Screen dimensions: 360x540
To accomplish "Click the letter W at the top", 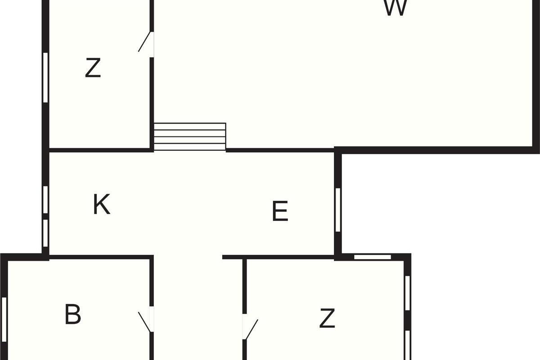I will pyautogui.click(x=396, y=8).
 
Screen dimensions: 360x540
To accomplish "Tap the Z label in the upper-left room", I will pyautogui.click(x=93, y=68).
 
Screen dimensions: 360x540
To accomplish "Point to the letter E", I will pyautogui.click(x=280, y=211).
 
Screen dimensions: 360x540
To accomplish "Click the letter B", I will pyautogui.click(x=73, y=314).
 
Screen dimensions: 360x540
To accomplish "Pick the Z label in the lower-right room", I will pyautogui.click(x=327, y=318).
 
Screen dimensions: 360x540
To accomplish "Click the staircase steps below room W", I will pyautogui.click(x=189, y=136).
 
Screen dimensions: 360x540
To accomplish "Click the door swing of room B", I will pyautogui.click(x=145, y=321).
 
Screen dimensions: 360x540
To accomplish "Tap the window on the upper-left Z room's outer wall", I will pyautogui.click(x=45, y=77).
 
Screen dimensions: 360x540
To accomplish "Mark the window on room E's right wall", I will pyautogui.click(x=338, y=210).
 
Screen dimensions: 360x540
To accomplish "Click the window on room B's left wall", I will pyautogui.click(x=4, y=319).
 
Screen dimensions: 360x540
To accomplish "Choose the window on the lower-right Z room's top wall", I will pyautogui.click(x=372, y=257).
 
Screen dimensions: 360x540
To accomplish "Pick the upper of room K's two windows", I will pyautogui.click(x=45, y=199).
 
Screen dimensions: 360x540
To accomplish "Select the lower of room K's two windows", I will pyautogui.click(x=45, y=233).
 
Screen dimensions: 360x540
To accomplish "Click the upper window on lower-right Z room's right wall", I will pyautogui.click(x=407, y=293).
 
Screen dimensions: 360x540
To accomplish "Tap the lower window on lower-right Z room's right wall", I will pyautogui.click(x=407, y=345).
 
